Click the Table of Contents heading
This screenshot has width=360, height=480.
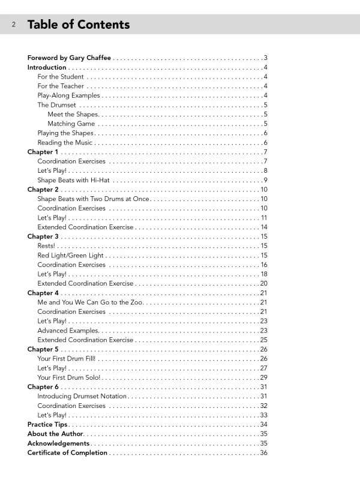78,25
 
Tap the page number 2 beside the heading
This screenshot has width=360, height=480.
14,25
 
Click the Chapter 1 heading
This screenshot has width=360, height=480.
43,152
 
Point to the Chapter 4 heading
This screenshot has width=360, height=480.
43,293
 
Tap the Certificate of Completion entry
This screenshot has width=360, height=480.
67,453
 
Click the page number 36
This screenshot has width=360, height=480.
263,453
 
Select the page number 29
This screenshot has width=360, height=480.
263,377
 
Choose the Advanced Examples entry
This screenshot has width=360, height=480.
67,331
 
